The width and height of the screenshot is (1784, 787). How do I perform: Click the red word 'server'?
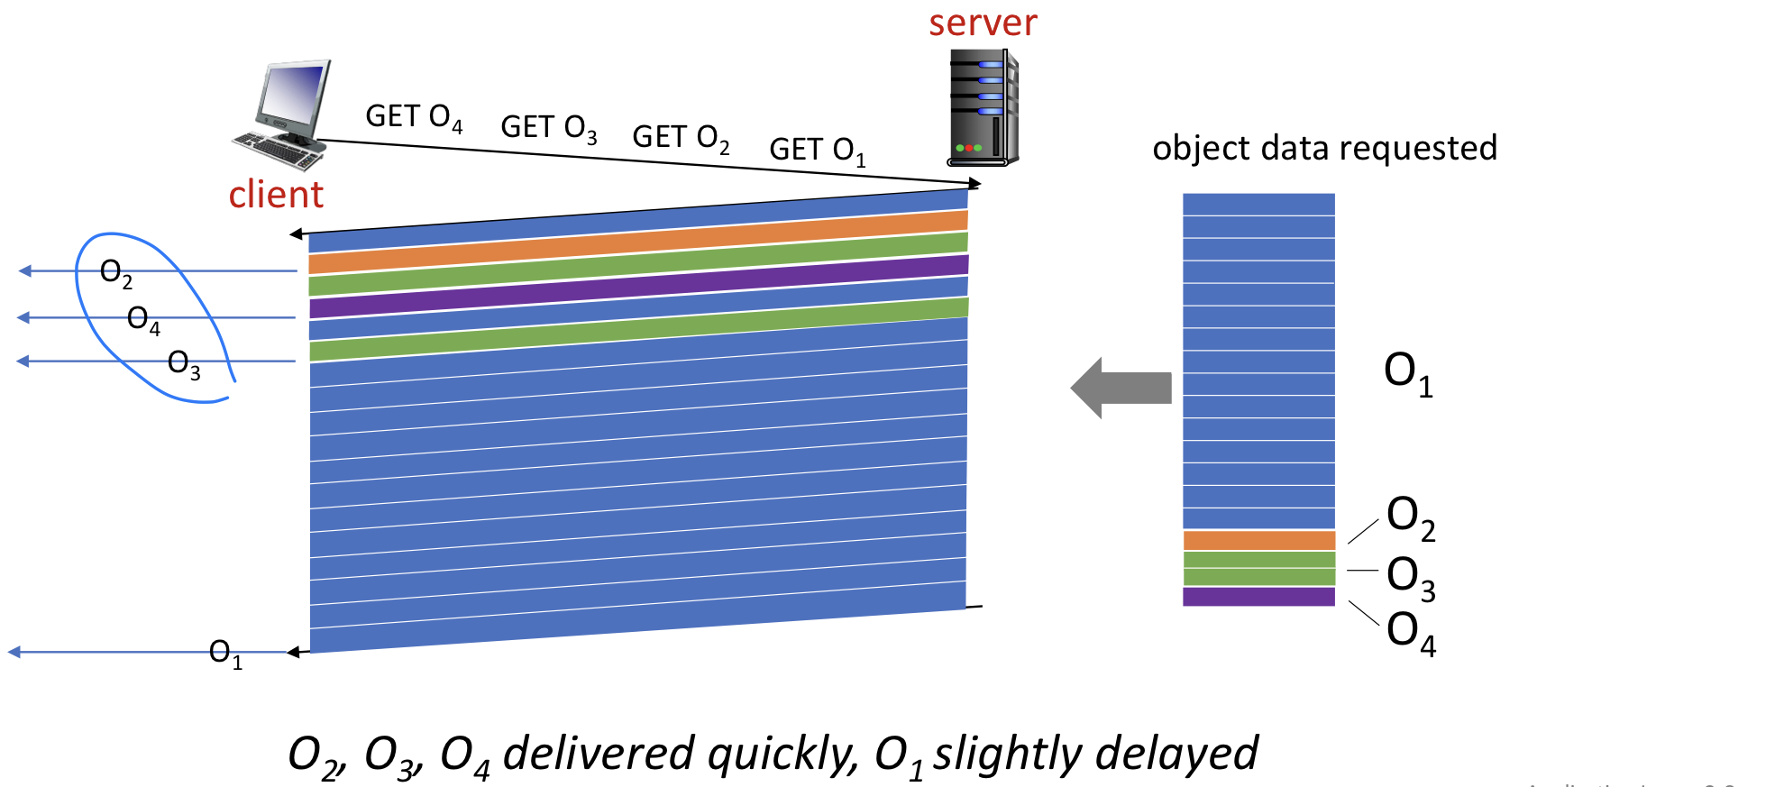983,23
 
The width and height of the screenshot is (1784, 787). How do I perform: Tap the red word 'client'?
275,195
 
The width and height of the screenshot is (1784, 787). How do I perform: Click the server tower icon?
983,108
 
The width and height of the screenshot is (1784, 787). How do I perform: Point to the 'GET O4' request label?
414,117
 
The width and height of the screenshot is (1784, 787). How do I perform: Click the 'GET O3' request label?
548,128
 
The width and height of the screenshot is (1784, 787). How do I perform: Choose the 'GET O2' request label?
681,138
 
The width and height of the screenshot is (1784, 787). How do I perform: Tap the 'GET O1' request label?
817,151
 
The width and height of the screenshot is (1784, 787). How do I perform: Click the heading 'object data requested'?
1324,149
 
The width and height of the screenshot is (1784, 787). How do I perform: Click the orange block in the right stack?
1258,540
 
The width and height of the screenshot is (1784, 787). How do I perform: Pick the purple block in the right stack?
1258,596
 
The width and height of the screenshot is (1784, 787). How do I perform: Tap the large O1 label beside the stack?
1407,373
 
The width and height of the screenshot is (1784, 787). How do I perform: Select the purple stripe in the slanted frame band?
638,287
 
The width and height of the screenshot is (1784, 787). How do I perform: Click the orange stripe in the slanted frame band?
638,242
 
